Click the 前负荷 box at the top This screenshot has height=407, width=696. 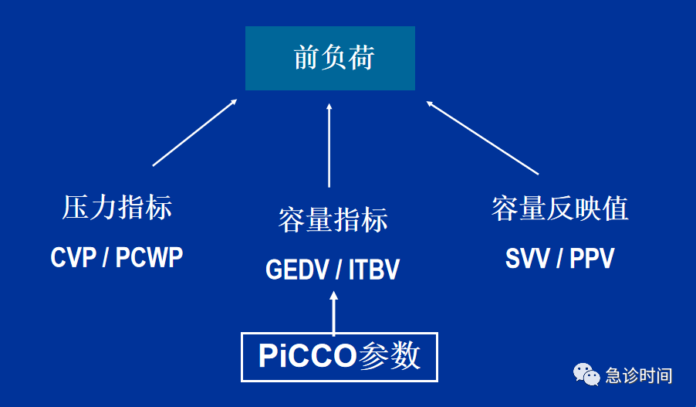coord(330,58)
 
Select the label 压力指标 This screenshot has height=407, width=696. coord(117,208)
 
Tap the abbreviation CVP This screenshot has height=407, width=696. coord(73,258)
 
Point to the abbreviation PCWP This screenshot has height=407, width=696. coord(149,258)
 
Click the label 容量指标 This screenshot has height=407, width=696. coord(333,220)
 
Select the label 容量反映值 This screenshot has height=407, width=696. coord(559,208)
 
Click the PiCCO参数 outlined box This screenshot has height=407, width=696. coord(340,356)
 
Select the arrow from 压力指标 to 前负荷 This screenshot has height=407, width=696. coord(194,132)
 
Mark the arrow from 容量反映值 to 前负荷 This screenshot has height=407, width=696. coord(482,137)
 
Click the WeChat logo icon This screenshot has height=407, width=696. coord(586,375)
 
